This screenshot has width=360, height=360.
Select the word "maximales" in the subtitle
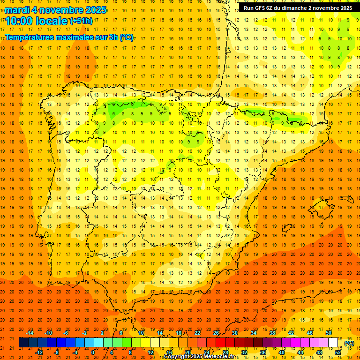pos(70,37)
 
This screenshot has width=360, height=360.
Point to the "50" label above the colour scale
pos(329,333)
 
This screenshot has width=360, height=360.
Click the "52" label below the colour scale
pos(338,352)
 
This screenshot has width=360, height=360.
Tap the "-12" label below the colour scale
pos(39,352)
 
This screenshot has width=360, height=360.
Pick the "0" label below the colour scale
pos(93,352)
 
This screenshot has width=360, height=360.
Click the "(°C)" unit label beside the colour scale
pos(349,343)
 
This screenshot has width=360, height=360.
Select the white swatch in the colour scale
pos(333,343)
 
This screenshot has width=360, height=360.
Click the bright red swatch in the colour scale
pos(220,343)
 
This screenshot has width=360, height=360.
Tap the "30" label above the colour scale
pos(235,333)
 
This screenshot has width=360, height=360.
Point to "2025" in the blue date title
pos(93,10)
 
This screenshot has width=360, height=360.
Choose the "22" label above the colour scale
pos(197,333)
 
